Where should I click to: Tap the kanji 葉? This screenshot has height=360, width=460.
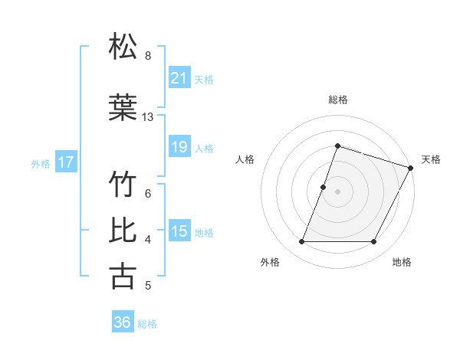(123, 108)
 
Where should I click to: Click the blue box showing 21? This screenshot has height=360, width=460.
(179, 77)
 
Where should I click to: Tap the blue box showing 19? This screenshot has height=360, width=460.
(179, 147)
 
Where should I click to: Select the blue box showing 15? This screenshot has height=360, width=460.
(179, 231)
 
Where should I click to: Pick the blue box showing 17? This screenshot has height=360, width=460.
(66, 162)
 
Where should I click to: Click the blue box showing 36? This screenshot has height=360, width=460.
(123, 322)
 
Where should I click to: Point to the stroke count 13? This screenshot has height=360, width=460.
(148, 117)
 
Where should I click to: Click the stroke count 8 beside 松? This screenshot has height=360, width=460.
(148, 55)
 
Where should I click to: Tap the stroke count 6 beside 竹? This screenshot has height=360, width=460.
(148, 193)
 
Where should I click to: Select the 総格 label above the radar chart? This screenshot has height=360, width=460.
(337, 100)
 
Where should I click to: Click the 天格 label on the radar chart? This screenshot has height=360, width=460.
(431, 159)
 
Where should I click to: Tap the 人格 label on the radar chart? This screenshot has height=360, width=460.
(245, 159)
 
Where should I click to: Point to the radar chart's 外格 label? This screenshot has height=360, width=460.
(270, 262)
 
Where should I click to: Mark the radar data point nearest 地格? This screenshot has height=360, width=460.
(373, 242)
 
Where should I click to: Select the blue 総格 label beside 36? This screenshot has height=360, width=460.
(147, 324)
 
